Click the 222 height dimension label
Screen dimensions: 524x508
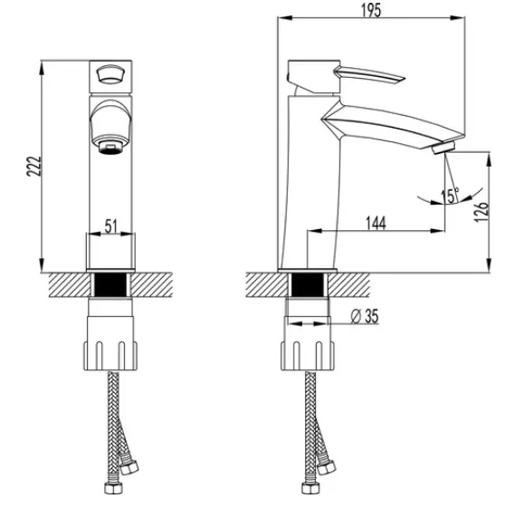[34, 166]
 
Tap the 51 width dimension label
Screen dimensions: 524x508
[111, 226]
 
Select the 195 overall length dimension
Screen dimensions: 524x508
[371, 10]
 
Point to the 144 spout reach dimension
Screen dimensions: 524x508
[376, 223]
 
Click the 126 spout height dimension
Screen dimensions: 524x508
[481, 211]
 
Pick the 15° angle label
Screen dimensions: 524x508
[450, 196]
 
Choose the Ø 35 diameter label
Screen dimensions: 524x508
[365, 316]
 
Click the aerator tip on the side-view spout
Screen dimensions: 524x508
[443, 148]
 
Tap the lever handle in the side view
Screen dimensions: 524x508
[370, 74]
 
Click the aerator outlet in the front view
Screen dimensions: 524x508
[110, 147]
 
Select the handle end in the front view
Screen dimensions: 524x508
[110, 74]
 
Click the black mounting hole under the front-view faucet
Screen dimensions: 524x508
[111, 284]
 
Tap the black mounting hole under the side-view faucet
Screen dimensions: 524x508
[308, 285]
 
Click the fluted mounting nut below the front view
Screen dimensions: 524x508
[110, 356]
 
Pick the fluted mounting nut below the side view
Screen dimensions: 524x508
[308, 356]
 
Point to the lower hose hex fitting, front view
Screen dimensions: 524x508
[114, 488]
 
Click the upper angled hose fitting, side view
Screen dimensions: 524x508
[326, 467]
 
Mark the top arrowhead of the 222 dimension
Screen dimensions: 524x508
[42, 68]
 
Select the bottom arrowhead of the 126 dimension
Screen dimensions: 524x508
[489, 265]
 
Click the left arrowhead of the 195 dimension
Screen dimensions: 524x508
[285, 18]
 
